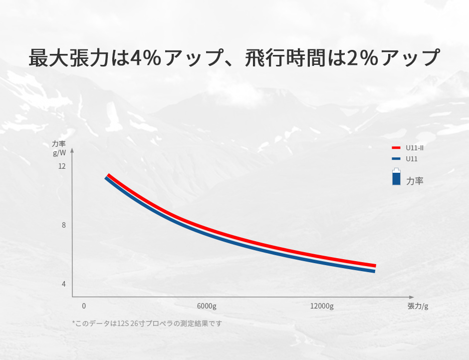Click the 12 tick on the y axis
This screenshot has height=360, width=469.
coord(62,166)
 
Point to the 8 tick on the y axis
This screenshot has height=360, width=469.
coord(64,225)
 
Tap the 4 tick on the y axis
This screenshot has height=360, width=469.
coord(64,284)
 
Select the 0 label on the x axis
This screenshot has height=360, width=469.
coord(84,306)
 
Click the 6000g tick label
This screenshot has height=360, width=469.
coord(207,306)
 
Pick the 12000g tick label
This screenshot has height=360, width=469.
coord(322,306)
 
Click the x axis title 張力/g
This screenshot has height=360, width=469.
coord(418,306)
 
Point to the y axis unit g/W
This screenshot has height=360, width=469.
coord(59,153)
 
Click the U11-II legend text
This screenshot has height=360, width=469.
coord(414,148)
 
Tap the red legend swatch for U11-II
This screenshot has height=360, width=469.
coord(396,148)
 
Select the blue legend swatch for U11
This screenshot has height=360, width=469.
coord(396,159)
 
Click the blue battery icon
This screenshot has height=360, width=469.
coord(396,177)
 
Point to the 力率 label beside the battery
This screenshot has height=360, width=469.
coord(415,181)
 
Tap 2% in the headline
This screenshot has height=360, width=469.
coord(363,57)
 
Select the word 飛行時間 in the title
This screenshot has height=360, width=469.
coord(285,57)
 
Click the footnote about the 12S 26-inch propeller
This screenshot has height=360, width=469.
coord(147,324)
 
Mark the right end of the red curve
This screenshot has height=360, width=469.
coord(376,266)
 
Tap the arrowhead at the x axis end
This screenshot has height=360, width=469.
coord(412,297)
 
